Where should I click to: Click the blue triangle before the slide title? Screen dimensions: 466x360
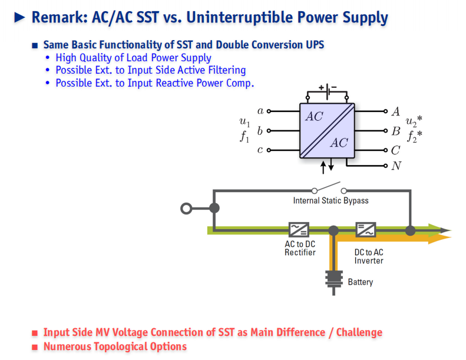point(19,18)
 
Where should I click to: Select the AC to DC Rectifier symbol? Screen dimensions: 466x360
point(299,230)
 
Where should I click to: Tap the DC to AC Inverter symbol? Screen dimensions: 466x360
point(365,230)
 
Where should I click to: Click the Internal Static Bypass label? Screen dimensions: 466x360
point(331,201)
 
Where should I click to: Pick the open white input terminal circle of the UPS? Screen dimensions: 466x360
point(186,209)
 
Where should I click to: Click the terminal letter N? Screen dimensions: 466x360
point(396,166)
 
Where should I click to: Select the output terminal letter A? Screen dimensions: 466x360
point(395,111)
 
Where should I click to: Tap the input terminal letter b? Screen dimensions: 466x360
point(260,130)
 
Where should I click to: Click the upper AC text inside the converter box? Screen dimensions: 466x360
point(314,116)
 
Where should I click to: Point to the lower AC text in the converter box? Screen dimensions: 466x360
point(339,143)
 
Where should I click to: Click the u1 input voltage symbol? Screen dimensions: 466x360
point(244,122)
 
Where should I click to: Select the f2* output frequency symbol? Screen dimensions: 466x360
point(415,136)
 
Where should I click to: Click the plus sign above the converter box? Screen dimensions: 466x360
point(321,87)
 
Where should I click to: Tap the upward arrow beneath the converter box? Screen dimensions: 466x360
point(323,168)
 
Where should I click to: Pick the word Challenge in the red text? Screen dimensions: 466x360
point(359,332)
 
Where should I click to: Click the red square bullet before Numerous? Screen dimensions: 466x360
point(35,347)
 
